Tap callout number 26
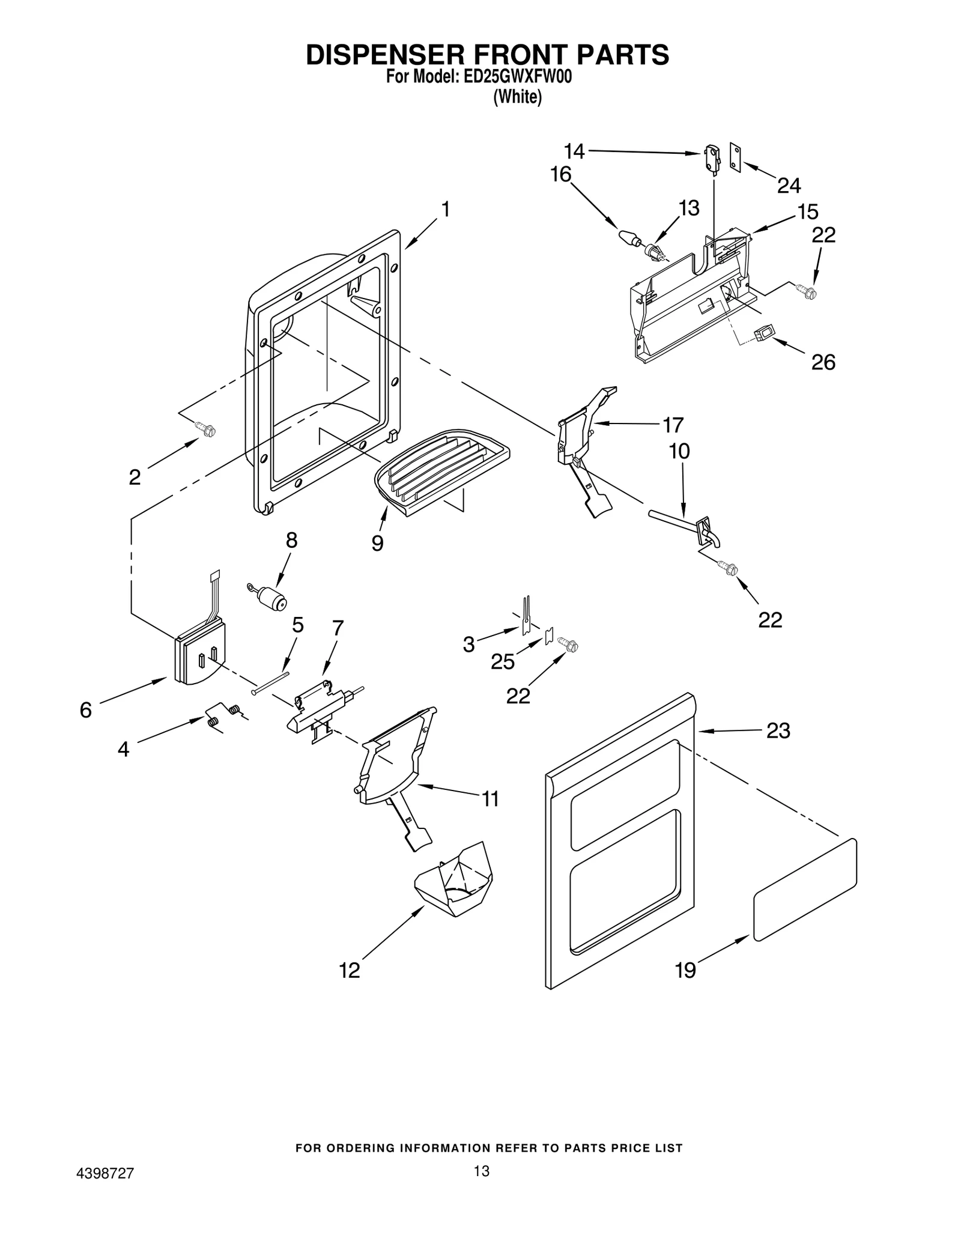coord(823,362)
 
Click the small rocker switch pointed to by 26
coord(763,332)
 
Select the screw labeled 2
coord(206,429)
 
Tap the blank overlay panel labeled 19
coord(805,890)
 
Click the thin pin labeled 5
coord(271,683)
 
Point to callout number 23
coord(778,731)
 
